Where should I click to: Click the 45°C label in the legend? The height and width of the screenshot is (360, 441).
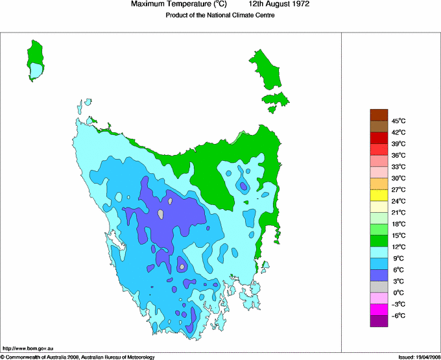coord(398,121)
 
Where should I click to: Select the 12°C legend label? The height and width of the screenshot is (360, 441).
coord(398,247)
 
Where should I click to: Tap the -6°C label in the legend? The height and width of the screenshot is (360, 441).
coord(398,316)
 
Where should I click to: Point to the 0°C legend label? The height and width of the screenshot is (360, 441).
coord(398,293)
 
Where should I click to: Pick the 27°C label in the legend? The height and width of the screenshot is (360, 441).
coord(398,189)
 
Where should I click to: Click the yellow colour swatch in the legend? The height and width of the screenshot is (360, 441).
coord(379,195)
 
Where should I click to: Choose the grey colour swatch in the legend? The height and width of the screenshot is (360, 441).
coord(379,287)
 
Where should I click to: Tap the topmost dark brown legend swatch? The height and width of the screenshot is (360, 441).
coord(379,115)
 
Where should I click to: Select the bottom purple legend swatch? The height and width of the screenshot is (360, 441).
coord(379,321)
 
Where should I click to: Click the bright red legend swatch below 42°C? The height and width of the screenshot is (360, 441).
coord(379,138)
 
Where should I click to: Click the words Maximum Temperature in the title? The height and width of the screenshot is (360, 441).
coord(169,5)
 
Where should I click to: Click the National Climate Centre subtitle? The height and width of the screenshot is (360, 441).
coord(220,15)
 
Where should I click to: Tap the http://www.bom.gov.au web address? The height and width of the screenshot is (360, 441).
coord(28,349)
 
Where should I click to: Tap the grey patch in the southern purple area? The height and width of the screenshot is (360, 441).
coord(182,266)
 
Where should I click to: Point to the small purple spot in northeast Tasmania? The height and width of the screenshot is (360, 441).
coord(243,187)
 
